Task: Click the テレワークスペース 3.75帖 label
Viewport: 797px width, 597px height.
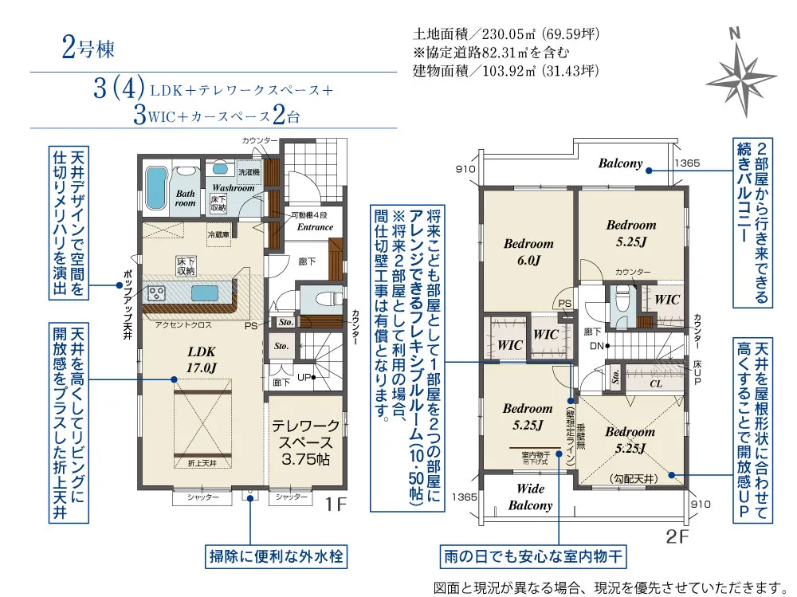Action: (x=306, y=443)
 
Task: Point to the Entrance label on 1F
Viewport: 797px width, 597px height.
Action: (x=315, y=227)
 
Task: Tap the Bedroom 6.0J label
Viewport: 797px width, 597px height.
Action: (x=528, y=252)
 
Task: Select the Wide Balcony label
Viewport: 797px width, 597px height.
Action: (x=530, y=497)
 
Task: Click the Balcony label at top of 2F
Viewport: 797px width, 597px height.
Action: (x=620, y=163)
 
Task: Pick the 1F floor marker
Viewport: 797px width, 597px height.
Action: (x=337, y=504)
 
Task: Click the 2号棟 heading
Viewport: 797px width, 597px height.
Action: (x=88, y=49)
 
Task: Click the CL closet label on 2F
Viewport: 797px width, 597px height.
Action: (x=656, y=383)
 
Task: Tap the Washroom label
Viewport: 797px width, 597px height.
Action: (x=233, y=188)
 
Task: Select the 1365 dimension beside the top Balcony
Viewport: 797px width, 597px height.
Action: (x=686, y=163)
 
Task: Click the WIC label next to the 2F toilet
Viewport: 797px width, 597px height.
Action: (x=667, y=300)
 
